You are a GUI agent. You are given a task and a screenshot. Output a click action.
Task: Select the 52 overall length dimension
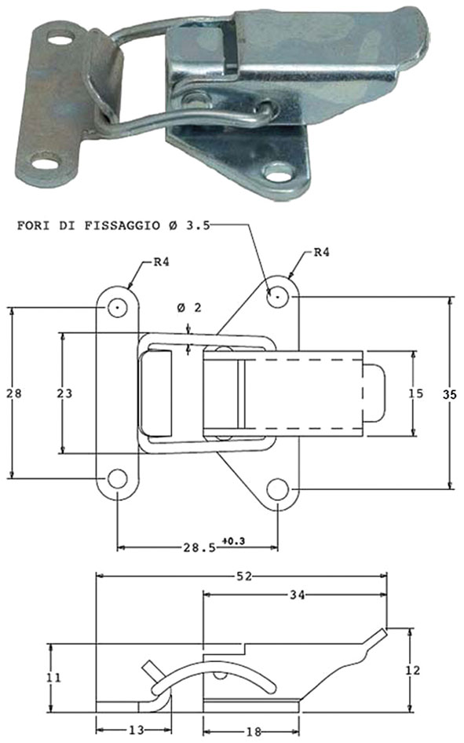coord(243,576)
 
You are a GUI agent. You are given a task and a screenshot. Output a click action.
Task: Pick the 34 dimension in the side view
coord(295,595)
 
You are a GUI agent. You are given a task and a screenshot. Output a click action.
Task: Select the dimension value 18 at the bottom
coord(252,730)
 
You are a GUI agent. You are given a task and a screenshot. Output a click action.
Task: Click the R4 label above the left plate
coord(161,262)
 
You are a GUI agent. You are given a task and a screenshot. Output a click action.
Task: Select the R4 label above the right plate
coord(322,253)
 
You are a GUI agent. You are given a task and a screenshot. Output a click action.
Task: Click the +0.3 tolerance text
coord(233,540)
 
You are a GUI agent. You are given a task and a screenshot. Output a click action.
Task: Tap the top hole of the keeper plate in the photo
coord(60,36)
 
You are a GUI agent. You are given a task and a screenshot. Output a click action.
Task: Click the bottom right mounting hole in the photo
coord(277,170)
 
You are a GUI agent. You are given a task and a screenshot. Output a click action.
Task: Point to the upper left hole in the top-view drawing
coord(118,306)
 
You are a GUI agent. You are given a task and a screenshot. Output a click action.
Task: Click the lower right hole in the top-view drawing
coord(277,488)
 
